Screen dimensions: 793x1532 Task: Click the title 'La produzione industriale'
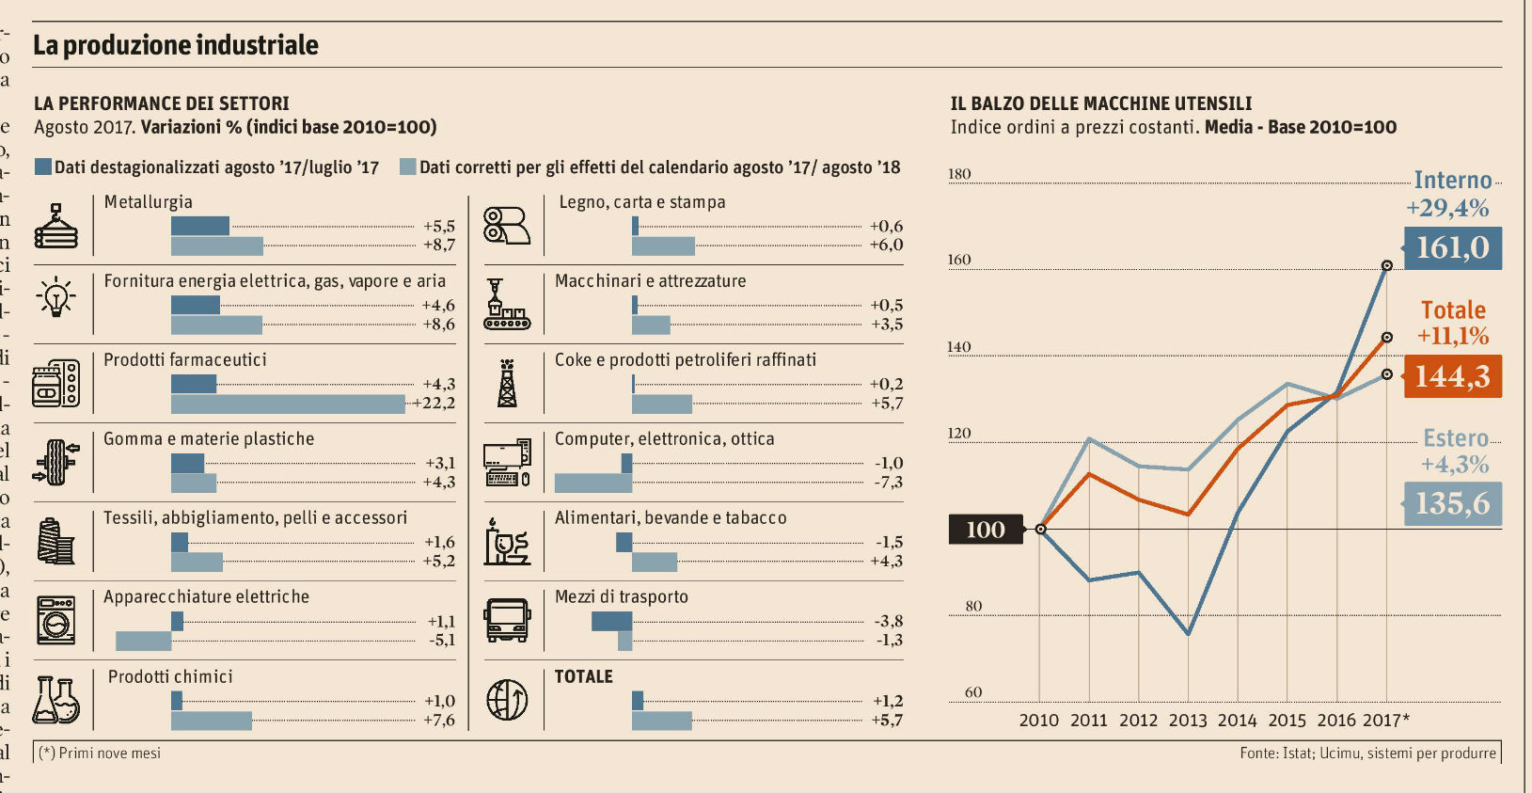coord(176,45)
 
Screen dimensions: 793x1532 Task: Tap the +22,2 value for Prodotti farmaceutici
coord(434,404)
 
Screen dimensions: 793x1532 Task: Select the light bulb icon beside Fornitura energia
coord(55,297)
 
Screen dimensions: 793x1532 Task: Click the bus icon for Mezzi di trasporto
coord(507,620)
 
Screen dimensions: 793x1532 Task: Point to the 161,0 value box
coord(1452,248)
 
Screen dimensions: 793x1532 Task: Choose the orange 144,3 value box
coord(1452,376)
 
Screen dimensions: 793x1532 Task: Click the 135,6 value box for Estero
coord(1452,504)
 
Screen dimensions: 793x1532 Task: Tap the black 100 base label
coord(985,530)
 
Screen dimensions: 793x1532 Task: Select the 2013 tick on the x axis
coord(1187,721)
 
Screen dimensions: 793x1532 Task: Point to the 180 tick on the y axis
coord(959,174)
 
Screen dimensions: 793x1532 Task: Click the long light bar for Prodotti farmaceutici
coord(288,404)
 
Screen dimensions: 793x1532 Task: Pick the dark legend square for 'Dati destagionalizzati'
coord(42,167)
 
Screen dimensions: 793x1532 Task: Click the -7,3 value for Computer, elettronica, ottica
coord(889,483)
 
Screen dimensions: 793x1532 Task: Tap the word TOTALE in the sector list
coord(583,676)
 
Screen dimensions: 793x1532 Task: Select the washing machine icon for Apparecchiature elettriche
coord(55,620)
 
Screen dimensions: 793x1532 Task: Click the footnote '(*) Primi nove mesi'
coord(100,753)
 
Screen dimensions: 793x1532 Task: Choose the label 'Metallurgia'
coord(148,202)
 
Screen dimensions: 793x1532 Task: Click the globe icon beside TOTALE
coord(507,699)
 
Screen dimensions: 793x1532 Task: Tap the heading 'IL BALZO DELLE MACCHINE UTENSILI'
coord(1100,103)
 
